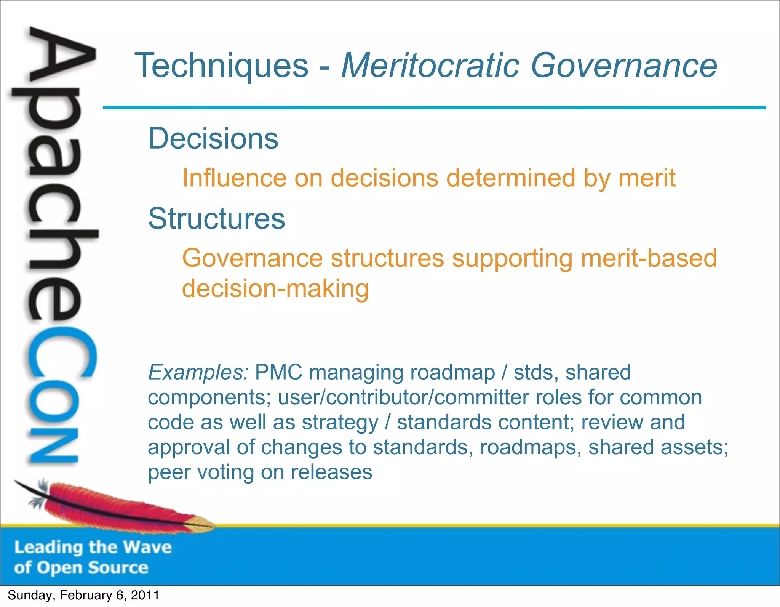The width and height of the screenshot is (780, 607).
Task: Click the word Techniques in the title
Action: click(x=221, y=66)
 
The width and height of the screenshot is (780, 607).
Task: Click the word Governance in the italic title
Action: click(x=623, y=66)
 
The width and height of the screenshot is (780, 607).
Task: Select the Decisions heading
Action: click(x=213, y=138)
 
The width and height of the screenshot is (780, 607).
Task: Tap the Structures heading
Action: click(x=216, y=219)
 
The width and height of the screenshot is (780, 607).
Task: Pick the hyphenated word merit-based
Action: click(x=649, y=258)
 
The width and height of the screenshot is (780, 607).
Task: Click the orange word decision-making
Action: click(x=275, y=288)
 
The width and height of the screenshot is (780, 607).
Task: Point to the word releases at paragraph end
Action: click(x=331, y=472)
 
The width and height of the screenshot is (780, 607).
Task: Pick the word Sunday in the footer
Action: click(x=30, y=595)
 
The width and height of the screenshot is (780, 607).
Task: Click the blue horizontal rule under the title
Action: click(x=434, y=108)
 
